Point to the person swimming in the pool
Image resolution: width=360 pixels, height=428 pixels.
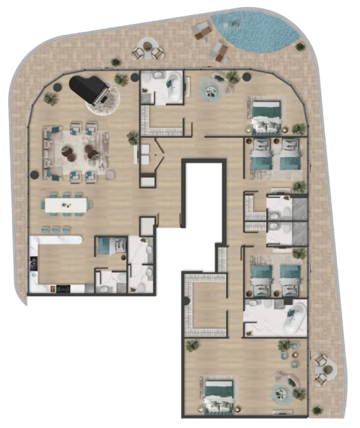pos(234,22)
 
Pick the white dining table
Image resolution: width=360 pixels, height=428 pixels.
pos(66,205)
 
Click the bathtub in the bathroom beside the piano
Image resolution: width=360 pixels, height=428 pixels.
pos(175,87)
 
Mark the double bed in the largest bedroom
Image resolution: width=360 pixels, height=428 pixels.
pos(219,394)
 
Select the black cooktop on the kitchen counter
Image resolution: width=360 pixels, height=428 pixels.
pos(62,288)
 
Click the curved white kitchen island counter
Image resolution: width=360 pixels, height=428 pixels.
pos(56,240)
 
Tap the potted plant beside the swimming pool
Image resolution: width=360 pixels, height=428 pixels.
pos(300,46)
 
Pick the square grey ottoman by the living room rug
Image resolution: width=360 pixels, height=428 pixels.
pos(110,176)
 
